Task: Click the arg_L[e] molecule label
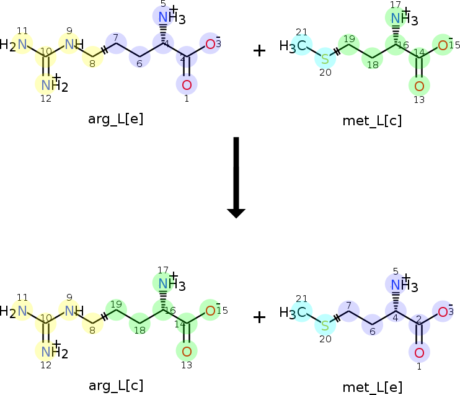(115, 120)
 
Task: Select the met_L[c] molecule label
(372, 121)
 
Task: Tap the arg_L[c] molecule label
(116, 386)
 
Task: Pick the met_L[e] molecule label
(373, 387)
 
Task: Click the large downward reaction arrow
(236, 177)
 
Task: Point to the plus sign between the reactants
(259, 51)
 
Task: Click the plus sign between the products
(259, 317)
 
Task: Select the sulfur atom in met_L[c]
(325, 59)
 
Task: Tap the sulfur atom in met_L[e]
(325, 325)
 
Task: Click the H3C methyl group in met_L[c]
(293, 46)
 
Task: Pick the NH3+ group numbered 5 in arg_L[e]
(172, 16)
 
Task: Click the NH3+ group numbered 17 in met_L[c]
(404, 17)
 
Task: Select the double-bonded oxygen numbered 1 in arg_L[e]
(187, 85)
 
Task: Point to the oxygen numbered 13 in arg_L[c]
(187, 352)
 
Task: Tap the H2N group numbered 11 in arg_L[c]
(14, 311)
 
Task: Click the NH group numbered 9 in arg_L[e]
(74, 44)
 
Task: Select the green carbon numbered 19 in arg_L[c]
(116, 309)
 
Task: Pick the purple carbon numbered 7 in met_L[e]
(349, 311)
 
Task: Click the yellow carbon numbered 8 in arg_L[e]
(93, 57)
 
